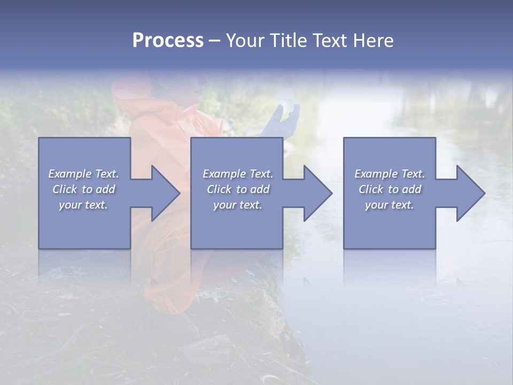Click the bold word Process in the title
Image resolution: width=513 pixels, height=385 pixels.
tap(168, 41)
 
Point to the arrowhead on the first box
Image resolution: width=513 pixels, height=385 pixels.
tap(163, 193)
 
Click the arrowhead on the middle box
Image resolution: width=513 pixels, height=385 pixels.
tap(316, 193)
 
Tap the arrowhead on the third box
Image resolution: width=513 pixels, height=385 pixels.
tap(468, 193)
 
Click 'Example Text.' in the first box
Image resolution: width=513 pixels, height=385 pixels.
tap(84, 174)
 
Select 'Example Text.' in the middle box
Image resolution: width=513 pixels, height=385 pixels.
tap(238, 174)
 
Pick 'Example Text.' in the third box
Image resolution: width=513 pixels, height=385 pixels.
tap(390, 174)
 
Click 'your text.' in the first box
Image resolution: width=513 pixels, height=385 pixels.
tap(83, 205)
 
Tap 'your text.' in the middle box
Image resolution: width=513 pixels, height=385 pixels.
tap(237, 205)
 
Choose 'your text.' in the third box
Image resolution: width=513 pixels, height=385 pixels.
tap(390, 205)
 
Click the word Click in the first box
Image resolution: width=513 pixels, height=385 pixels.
tap(65, 189)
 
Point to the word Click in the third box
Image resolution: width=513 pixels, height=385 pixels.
tap(371, 189)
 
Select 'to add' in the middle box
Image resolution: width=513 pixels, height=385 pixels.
tap(252, 189)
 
